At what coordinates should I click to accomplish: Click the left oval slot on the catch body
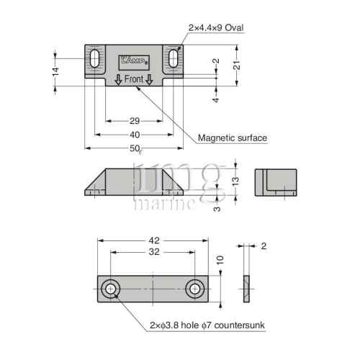click(x=94, y=58)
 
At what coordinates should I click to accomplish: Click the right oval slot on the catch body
click(x=173, y=58)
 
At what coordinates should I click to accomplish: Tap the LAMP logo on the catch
click(x=134, y=60)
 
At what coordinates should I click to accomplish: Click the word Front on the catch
click(x=134, y=79)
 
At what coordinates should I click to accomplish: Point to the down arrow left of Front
click(x=118, y=80)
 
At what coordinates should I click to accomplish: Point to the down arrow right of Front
click(x=149, y=80)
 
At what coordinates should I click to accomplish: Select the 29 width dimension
click(x=135, y=121)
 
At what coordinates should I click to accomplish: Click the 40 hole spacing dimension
click(x=135, y=135)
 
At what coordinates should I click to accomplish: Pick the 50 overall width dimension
click(x=135, y=148)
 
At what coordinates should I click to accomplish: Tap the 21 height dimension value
click(x=237, y=65)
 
